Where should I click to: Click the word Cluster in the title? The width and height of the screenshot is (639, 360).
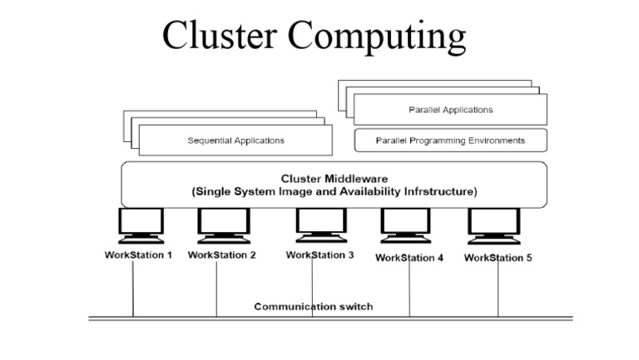(220, 37)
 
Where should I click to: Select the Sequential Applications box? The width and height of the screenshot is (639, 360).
(235, 141)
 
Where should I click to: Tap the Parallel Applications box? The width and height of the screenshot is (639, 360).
(450, 110)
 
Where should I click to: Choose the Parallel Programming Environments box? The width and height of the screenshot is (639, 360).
(450, 141)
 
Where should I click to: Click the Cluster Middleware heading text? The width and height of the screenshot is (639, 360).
(334, 178)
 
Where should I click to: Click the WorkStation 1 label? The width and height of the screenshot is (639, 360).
(138, 255)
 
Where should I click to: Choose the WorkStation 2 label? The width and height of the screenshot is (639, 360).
(222, 255)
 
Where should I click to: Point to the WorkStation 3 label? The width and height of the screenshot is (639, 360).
(319, 255)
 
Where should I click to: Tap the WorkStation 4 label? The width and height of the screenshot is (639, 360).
(409, 258)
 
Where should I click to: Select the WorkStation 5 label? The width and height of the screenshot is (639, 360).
(498, 258)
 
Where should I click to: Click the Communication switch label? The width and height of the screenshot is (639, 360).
(313, 307)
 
